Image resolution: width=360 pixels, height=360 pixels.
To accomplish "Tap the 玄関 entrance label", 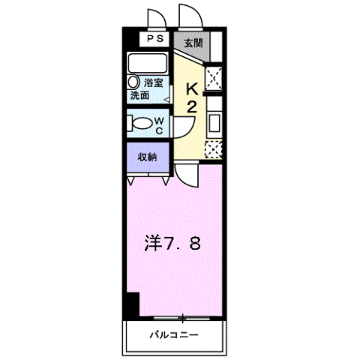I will click(193, 43).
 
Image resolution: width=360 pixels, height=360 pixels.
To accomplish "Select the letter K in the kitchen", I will click(191, 88).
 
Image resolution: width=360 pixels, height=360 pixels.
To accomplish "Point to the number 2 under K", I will click(191, 106).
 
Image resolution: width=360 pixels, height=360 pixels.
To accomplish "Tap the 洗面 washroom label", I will click(139, 96).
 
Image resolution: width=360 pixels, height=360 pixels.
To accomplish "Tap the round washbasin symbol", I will click(133, 82).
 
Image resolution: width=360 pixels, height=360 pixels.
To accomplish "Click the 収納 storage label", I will click(147, 156).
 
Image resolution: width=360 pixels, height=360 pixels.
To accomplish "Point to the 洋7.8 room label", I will click(172, 244).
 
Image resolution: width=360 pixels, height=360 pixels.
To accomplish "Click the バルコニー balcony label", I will click(173, 334).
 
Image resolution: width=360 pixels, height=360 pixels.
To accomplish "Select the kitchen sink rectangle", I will click(214, 122).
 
